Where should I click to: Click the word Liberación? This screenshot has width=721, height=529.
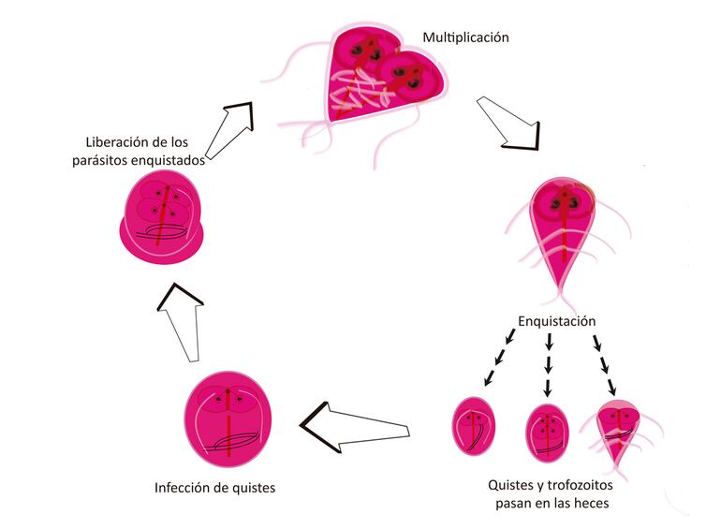pyautogui.click(x=115, y=142)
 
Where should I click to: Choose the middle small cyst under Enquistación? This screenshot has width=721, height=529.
pyautogui.click(x=548, y=431)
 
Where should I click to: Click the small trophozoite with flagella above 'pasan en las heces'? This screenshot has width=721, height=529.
pyautogui.click(x=620, y=431)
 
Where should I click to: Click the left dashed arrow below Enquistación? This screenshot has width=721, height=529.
pyautogui.click(x=498, y=358)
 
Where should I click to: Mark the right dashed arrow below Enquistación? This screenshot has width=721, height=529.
pyautogui.click(x=605, y=361)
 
